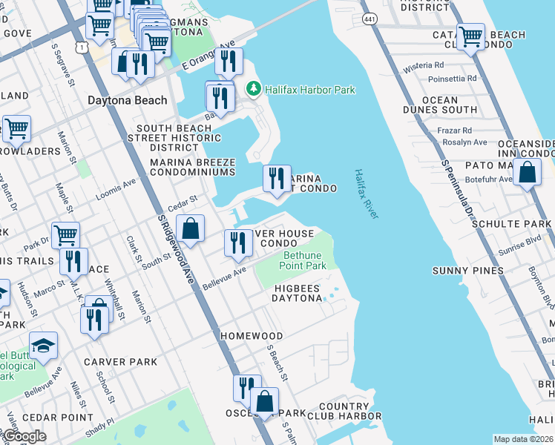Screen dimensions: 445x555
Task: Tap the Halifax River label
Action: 366,193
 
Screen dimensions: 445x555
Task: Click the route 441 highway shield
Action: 369,17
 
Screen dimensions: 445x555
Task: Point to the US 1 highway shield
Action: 82,47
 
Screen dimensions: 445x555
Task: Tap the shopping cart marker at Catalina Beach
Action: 470,36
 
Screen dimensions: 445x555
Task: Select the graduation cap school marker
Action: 43,345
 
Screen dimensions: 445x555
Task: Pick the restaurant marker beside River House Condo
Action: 237,243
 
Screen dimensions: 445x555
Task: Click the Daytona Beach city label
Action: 127,100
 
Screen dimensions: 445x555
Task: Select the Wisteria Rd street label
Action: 423,67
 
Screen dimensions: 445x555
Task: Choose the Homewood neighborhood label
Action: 252,336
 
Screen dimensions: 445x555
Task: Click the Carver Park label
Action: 120,361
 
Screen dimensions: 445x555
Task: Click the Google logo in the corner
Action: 24,436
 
